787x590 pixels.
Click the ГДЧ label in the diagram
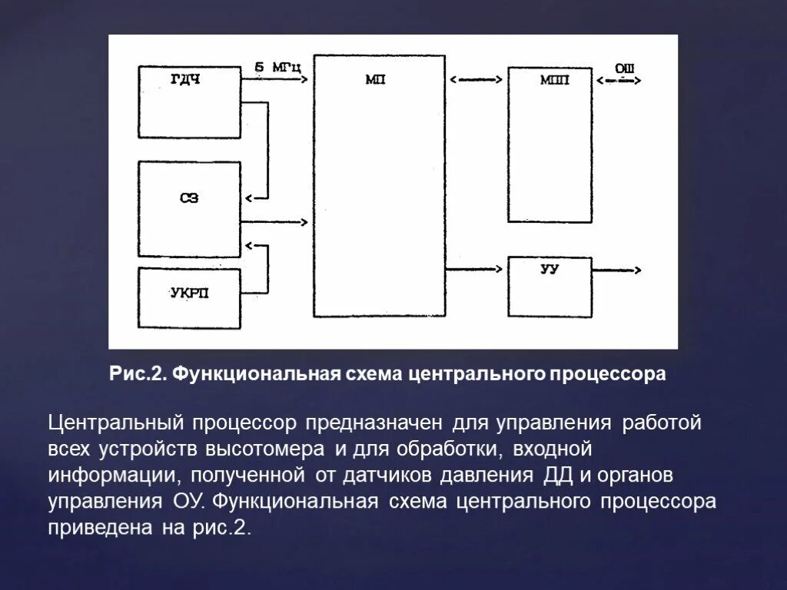pyautogui.click(x=184, y=79)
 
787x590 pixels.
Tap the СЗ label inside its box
pyautogui.click(x=189, y=197)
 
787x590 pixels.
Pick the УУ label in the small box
pyautogui.click(x=549, y=270)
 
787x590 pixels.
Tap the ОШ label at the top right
pyautogui.click(x=624, y=68)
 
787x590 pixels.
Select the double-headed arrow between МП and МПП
pyautogui.click(x=477, y=79)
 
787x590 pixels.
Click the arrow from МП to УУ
pyautogui.click(x=476, y=269)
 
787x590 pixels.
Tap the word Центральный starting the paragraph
pyautogui.click(x=115, y=423)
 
